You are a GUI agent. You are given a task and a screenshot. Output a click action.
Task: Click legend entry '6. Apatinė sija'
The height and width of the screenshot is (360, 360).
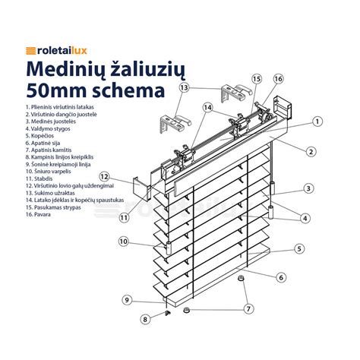[x=46, y=145]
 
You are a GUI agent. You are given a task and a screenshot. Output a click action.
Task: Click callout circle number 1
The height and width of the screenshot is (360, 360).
[x=317, y=120]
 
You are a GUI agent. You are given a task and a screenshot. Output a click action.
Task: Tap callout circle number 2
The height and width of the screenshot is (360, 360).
[x=311, y=151]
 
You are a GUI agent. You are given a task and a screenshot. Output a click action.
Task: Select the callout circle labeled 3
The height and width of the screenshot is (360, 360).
[x=308, y=188]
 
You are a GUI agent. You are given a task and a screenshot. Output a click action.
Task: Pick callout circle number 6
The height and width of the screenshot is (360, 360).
[x=280, y=277]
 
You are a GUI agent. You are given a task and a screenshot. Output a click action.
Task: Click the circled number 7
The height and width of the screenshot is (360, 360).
[x=248, y=308]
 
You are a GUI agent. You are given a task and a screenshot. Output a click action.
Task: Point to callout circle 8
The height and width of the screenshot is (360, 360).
[x=146, y=320]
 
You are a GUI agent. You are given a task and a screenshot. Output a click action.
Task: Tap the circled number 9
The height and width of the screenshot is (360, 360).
[x=128, y=300]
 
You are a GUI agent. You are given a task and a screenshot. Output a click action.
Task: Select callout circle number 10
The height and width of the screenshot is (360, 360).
[x=123, y=243]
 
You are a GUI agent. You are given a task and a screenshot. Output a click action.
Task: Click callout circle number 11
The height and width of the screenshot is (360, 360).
[x=124, y=217]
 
